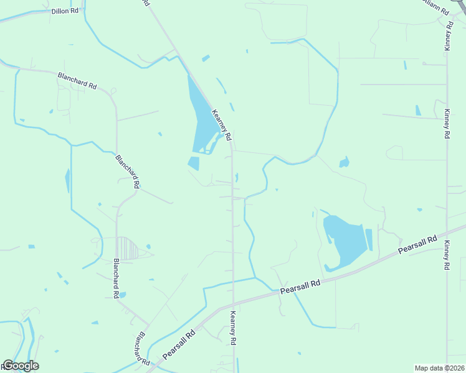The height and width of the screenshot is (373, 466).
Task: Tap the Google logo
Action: coord(21,366)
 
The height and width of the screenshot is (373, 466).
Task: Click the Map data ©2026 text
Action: coord(439,368)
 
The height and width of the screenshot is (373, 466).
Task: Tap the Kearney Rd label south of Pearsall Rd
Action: coord(234,328)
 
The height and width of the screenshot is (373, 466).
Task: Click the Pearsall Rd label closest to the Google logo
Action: coord(179,343)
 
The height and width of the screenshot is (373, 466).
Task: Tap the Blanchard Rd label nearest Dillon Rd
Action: coord(77,80)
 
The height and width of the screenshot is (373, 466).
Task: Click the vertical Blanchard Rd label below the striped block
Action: coord(117,279)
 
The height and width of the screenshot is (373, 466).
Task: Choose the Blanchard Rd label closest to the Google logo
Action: coord(143,348)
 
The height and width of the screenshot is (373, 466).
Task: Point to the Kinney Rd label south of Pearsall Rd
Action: coord(447,256)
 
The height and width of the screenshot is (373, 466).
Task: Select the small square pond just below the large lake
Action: coord(194,163)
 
